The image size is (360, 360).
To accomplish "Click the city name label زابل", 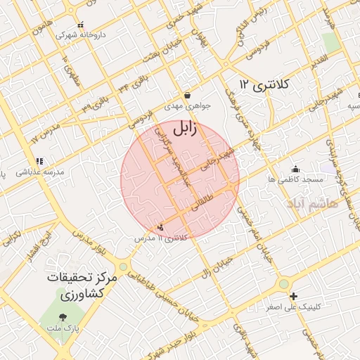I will [x=186, y=129].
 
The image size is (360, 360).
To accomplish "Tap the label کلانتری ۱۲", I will [x=265, y=84].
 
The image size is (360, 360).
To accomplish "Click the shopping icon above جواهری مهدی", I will [x=187, y=95].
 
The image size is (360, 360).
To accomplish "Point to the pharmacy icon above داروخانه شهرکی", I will [x=80, y=25].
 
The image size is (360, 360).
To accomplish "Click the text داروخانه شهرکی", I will [x=76, y=34].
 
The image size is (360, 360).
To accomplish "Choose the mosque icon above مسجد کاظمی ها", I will [x=295, y=169].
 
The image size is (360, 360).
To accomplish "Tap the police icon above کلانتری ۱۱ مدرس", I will [x=162, y=227].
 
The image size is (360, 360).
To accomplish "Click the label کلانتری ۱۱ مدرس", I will [x=162, y=238].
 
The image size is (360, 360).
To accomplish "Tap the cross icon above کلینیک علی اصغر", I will [x=293, y=297].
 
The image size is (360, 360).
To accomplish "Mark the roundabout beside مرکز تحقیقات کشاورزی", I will [x=124, y=266].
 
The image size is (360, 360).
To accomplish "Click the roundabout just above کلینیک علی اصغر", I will [x=283, y=283].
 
